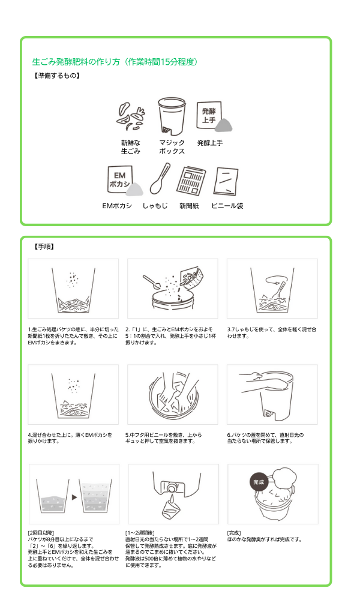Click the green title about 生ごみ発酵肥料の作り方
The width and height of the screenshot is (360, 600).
(115, 62)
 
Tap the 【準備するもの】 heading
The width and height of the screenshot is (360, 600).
(56, 76)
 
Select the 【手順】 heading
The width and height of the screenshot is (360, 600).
(44, 247)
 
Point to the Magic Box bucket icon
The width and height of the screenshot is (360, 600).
(172, 116)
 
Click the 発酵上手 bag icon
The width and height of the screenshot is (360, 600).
(214, 116)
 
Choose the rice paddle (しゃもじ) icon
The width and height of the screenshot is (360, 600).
(160, 179)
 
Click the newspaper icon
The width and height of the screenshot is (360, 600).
(191, 181)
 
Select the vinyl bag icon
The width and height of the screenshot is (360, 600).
(226, 181)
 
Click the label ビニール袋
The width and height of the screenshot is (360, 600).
(227, 206)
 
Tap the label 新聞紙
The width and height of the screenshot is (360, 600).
(189, 206)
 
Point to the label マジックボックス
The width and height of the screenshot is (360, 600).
(172, 147)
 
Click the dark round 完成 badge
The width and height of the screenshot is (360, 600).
(259, 482)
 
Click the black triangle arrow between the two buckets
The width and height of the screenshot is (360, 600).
(74, 497)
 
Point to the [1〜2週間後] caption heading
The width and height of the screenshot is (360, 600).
(140, 533)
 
